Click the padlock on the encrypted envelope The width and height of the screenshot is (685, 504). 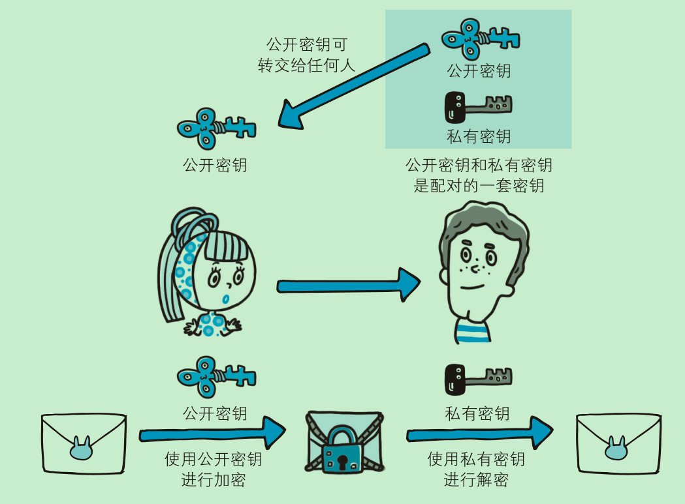click(x=343, y=450)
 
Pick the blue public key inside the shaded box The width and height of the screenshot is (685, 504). click(x=480, y=40)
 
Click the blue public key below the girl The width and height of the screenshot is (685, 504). click(x=215, y=377)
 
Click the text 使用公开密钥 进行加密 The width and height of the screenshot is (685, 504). click(x=214, y=469)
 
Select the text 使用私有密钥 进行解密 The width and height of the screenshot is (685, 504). click(x=476, y=469)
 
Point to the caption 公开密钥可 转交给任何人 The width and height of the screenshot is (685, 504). click(x=306, y=55)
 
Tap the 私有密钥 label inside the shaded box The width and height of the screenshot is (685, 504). click(x=478, y=136)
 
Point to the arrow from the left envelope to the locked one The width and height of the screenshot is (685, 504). click(x=212, y=433)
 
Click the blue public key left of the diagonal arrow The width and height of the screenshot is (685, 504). click(x=215, y=126)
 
